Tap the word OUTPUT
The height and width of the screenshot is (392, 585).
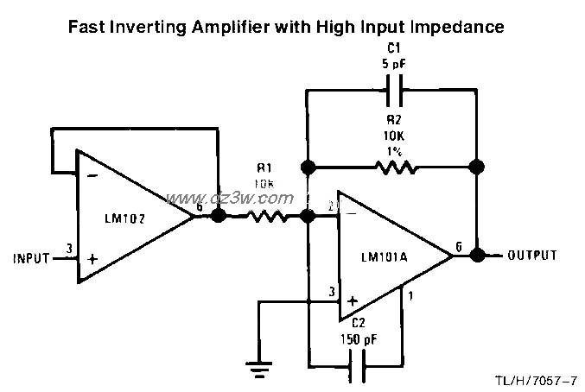click(531, 256)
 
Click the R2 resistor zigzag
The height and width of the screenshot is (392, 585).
click(393, 167)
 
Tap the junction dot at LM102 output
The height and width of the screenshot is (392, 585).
click(218, 217)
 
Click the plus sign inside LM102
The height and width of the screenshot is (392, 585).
click(91, 258)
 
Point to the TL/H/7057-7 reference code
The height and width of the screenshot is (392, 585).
click(537, 381)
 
